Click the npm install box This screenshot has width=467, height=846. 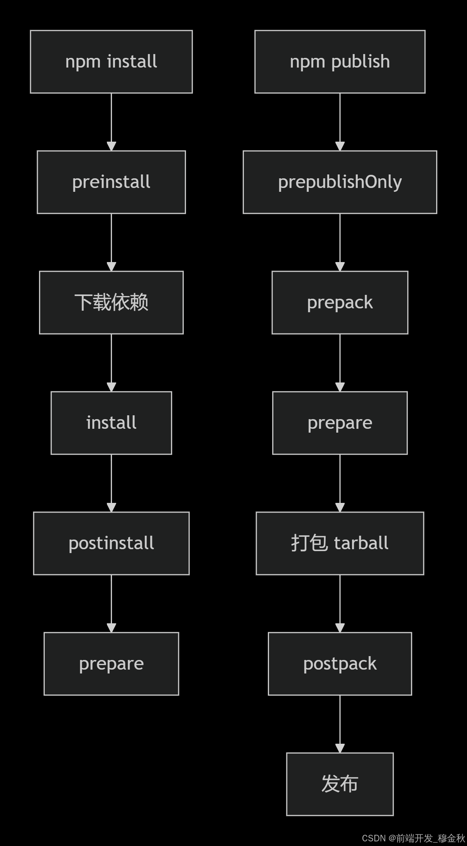tap(111, 62)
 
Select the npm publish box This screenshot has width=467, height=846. tap(340, 62)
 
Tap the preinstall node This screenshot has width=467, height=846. tap(111, 182)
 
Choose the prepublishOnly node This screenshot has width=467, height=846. tap(340, 182)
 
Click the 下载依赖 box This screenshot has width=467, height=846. tap(111, 303)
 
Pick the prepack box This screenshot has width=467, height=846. tap(340, 303)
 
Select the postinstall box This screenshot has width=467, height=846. tap(111, 543)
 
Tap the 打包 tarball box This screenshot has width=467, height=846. tap(340, 543)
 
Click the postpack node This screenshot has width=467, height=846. tap(340, 664)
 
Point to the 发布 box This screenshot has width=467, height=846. tap(340, 784)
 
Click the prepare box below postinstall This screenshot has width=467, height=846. tap(111, 664)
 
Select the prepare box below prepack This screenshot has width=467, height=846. tap(340, 423)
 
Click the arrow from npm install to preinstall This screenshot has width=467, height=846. tap(111, 122)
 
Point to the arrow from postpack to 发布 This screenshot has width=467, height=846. tap(340, 724)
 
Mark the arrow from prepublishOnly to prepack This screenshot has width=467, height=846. tap(340, 242)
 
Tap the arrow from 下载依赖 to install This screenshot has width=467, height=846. tap(111, 362)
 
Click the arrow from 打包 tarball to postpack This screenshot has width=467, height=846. tap(340, 603)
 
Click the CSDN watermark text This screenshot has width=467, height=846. tap(413, 838)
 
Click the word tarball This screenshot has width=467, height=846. tap(361, 543)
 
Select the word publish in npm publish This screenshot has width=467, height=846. tap(360, 62)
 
